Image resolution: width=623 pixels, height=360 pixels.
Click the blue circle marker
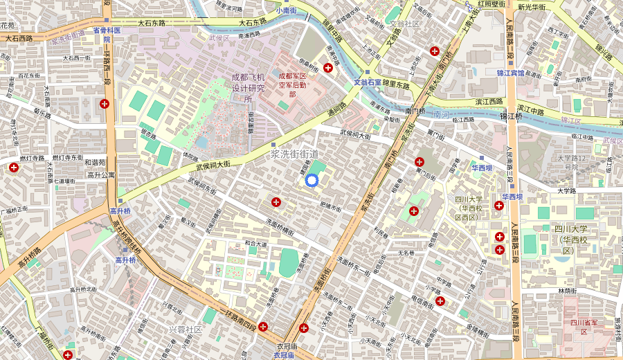point(311,181)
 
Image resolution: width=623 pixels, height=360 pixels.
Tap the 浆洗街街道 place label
point(295,153)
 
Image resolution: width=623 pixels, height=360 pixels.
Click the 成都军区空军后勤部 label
point(292,84)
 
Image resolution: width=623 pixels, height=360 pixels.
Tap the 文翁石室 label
point(368,82)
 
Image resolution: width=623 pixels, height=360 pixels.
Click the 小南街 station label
point(286,10)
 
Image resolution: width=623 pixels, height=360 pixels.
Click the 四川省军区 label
point(579,327)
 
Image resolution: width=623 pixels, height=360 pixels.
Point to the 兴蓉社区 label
point(186,329)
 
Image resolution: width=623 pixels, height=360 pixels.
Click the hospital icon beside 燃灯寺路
point(13,168)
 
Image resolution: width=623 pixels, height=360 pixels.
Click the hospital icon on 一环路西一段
point(105,104)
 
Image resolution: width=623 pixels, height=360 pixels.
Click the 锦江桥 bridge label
point(532,116)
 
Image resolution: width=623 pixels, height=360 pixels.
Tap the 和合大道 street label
point(255,244)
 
